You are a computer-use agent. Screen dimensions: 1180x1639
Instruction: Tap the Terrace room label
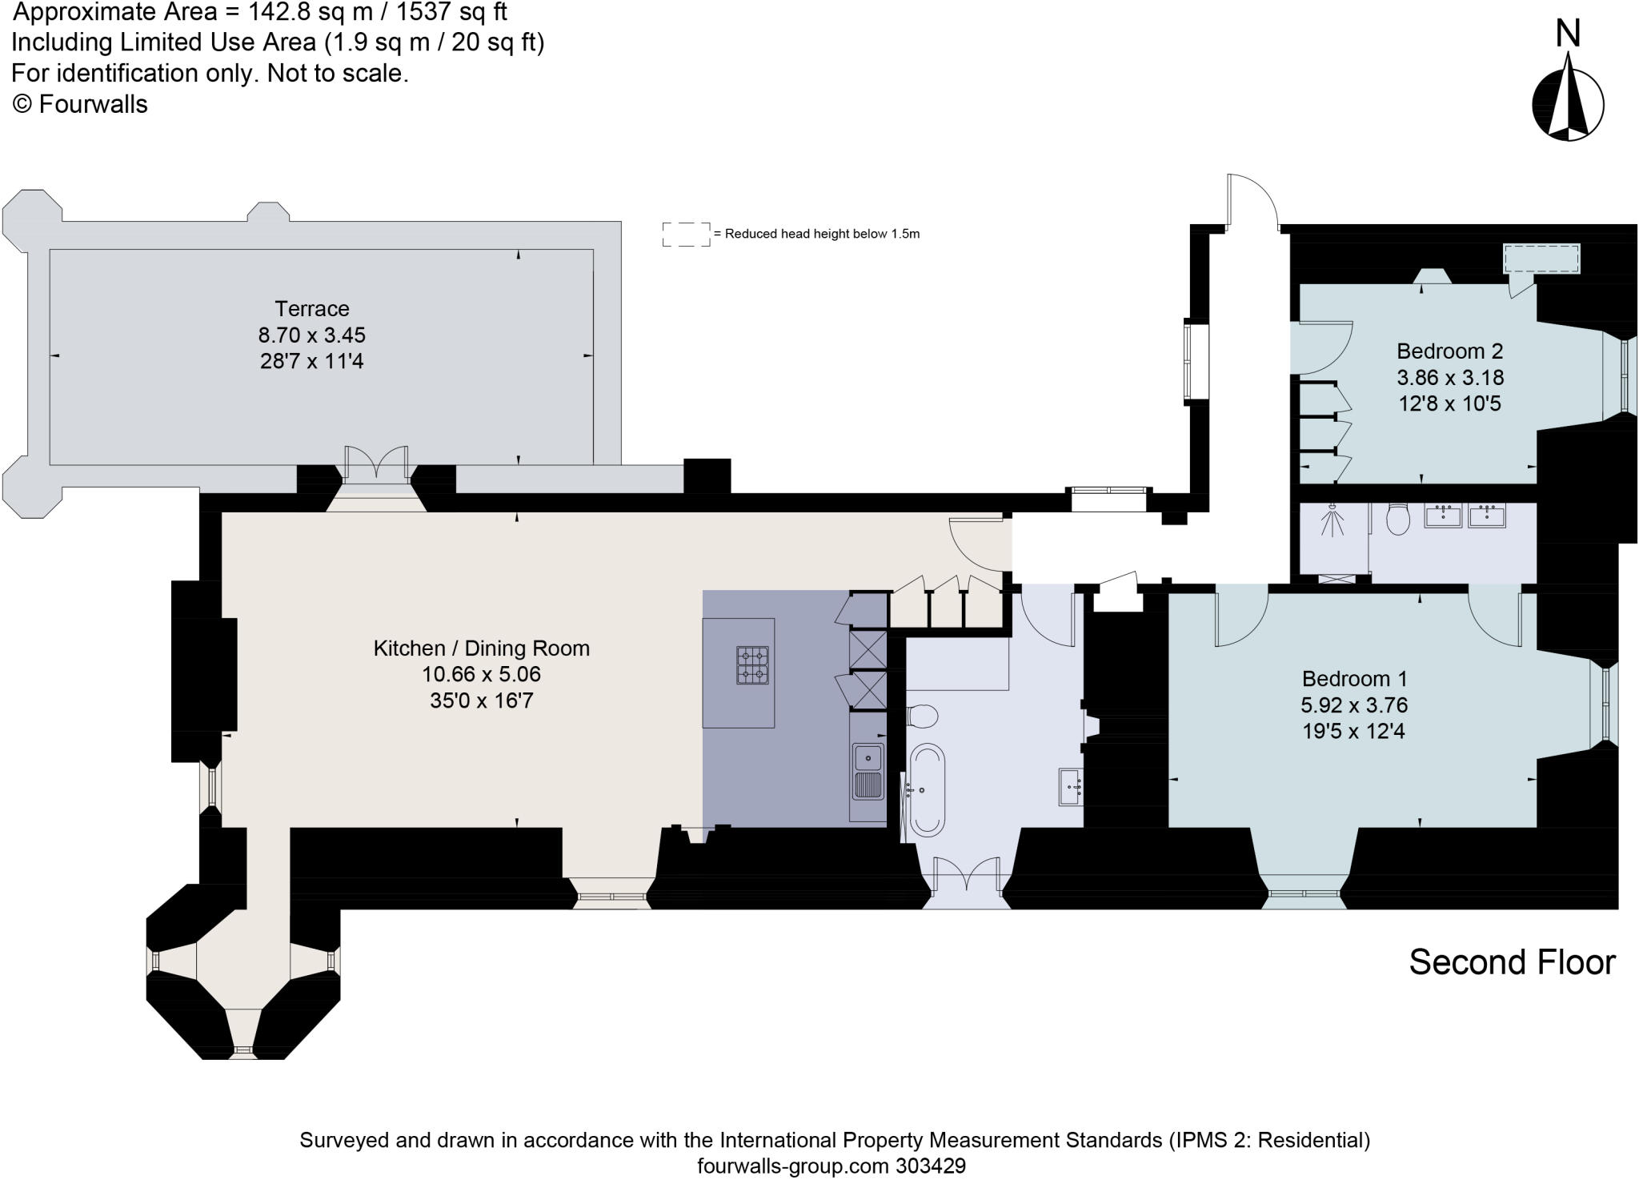312,308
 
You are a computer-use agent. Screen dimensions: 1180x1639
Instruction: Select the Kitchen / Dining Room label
481,648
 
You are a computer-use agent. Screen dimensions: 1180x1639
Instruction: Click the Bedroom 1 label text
1354,679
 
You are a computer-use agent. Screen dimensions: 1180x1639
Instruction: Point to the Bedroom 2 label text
1449,351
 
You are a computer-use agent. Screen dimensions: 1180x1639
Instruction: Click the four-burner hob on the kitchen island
752,665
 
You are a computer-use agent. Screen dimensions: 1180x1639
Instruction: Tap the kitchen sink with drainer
868,772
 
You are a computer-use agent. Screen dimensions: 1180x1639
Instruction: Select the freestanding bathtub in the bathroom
928,789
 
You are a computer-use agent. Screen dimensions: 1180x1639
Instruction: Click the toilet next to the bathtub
923,716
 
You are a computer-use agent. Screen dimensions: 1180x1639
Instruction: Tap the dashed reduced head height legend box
686,234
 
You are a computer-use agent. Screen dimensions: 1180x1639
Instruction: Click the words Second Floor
1512,962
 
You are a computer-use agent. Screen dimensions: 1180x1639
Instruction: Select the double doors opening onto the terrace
376,466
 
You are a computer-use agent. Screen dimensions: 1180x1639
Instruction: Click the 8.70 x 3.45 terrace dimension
312,335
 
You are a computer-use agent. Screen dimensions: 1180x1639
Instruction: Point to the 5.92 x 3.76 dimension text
1354,705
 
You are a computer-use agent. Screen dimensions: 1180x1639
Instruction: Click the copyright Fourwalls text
80,105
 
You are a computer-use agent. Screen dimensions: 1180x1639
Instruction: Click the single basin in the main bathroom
1071,786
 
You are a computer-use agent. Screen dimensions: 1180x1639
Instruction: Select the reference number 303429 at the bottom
929,1166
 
